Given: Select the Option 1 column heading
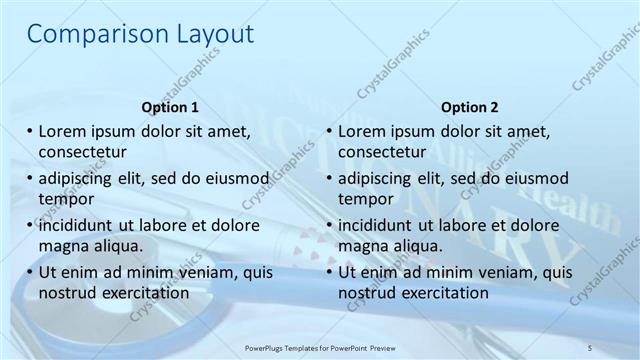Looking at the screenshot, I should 170,107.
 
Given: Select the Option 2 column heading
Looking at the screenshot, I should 470,107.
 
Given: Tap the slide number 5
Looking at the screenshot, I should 590,346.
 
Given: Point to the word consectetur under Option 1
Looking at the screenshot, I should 82,152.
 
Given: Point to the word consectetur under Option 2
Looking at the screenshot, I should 382,152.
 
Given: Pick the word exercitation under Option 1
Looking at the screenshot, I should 145,293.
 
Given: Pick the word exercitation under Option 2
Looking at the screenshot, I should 445,293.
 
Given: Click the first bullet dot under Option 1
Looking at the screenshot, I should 30,132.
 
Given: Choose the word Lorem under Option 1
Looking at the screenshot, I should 62,132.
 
